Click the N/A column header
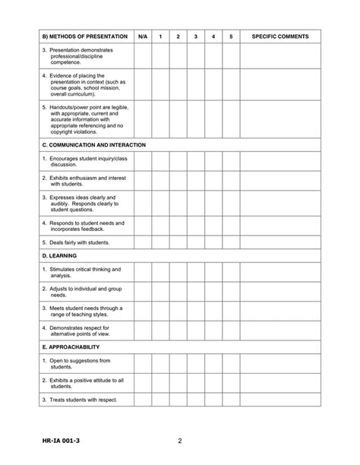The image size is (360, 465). [x=143, y=36]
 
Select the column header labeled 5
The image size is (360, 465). [x=231, y=36]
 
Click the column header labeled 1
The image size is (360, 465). [x=160, y=36]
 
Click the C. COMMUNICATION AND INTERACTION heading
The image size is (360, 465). [x=94, y=144]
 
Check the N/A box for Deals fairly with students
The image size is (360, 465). [x=143, y=242]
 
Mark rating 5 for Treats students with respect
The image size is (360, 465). [x=231, y=400]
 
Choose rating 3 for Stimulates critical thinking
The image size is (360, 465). [x=195, y=273]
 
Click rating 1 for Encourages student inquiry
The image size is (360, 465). [x=160, y=161]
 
